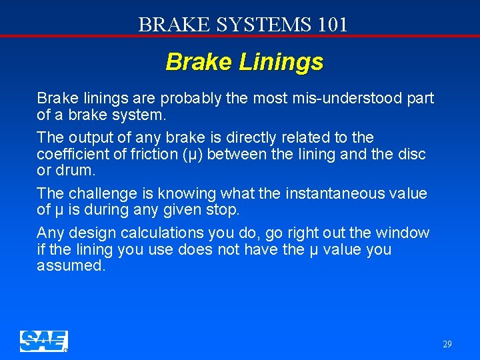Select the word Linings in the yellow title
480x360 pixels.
pos(283,62)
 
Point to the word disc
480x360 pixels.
pos(412,155)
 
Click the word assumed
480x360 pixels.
pos(70,267)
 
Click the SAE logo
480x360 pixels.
pos(43,341)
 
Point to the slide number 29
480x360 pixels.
pos(447,345)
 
